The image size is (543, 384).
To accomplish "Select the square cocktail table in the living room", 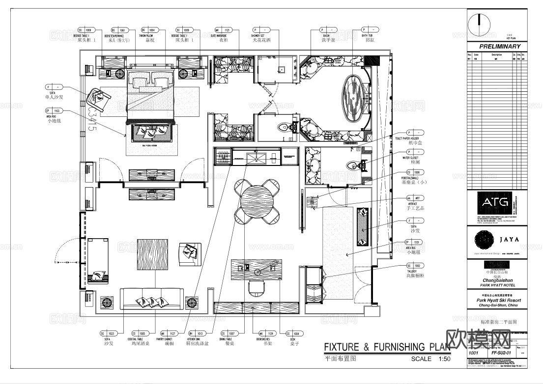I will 152,255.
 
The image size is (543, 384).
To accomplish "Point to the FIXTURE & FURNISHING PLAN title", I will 387,348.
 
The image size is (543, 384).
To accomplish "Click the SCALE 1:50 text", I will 430,359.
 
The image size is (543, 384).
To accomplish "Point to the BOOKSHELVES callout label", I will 258,339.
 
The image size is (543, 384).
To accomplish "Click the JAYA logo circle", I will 485,240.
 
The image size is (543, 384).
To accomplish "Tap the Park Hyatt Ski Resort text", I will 498,300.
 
